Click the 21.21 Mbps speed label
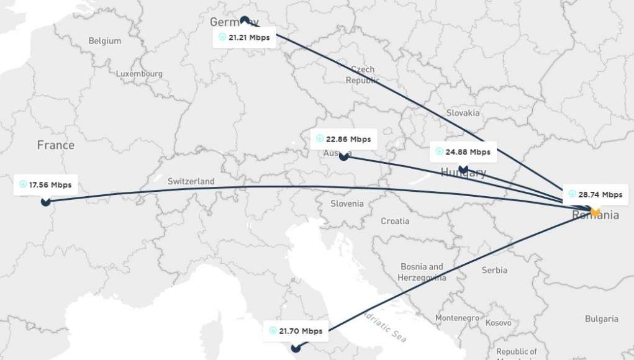click(245, 37)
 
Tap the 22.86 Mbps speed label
click(343, 139)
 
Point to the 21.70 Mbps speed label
click(296, 331)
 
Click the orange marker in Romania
click(595, 212)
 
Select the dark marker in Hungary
click(463, 168)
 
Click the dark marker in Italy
click(296, 348)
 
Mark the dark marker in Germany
click(245, 20)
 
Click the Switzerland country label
click(191, 181)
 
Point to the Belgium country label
click(104, 41)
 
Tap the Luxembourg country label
click(139, 74)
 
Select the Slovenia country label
click(346, 204)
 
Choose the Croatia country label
click(395, 221)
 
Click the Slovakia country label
click(463, 113)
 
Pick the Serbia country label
click(494, 270)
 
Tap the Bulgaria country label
click(601, 319)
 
